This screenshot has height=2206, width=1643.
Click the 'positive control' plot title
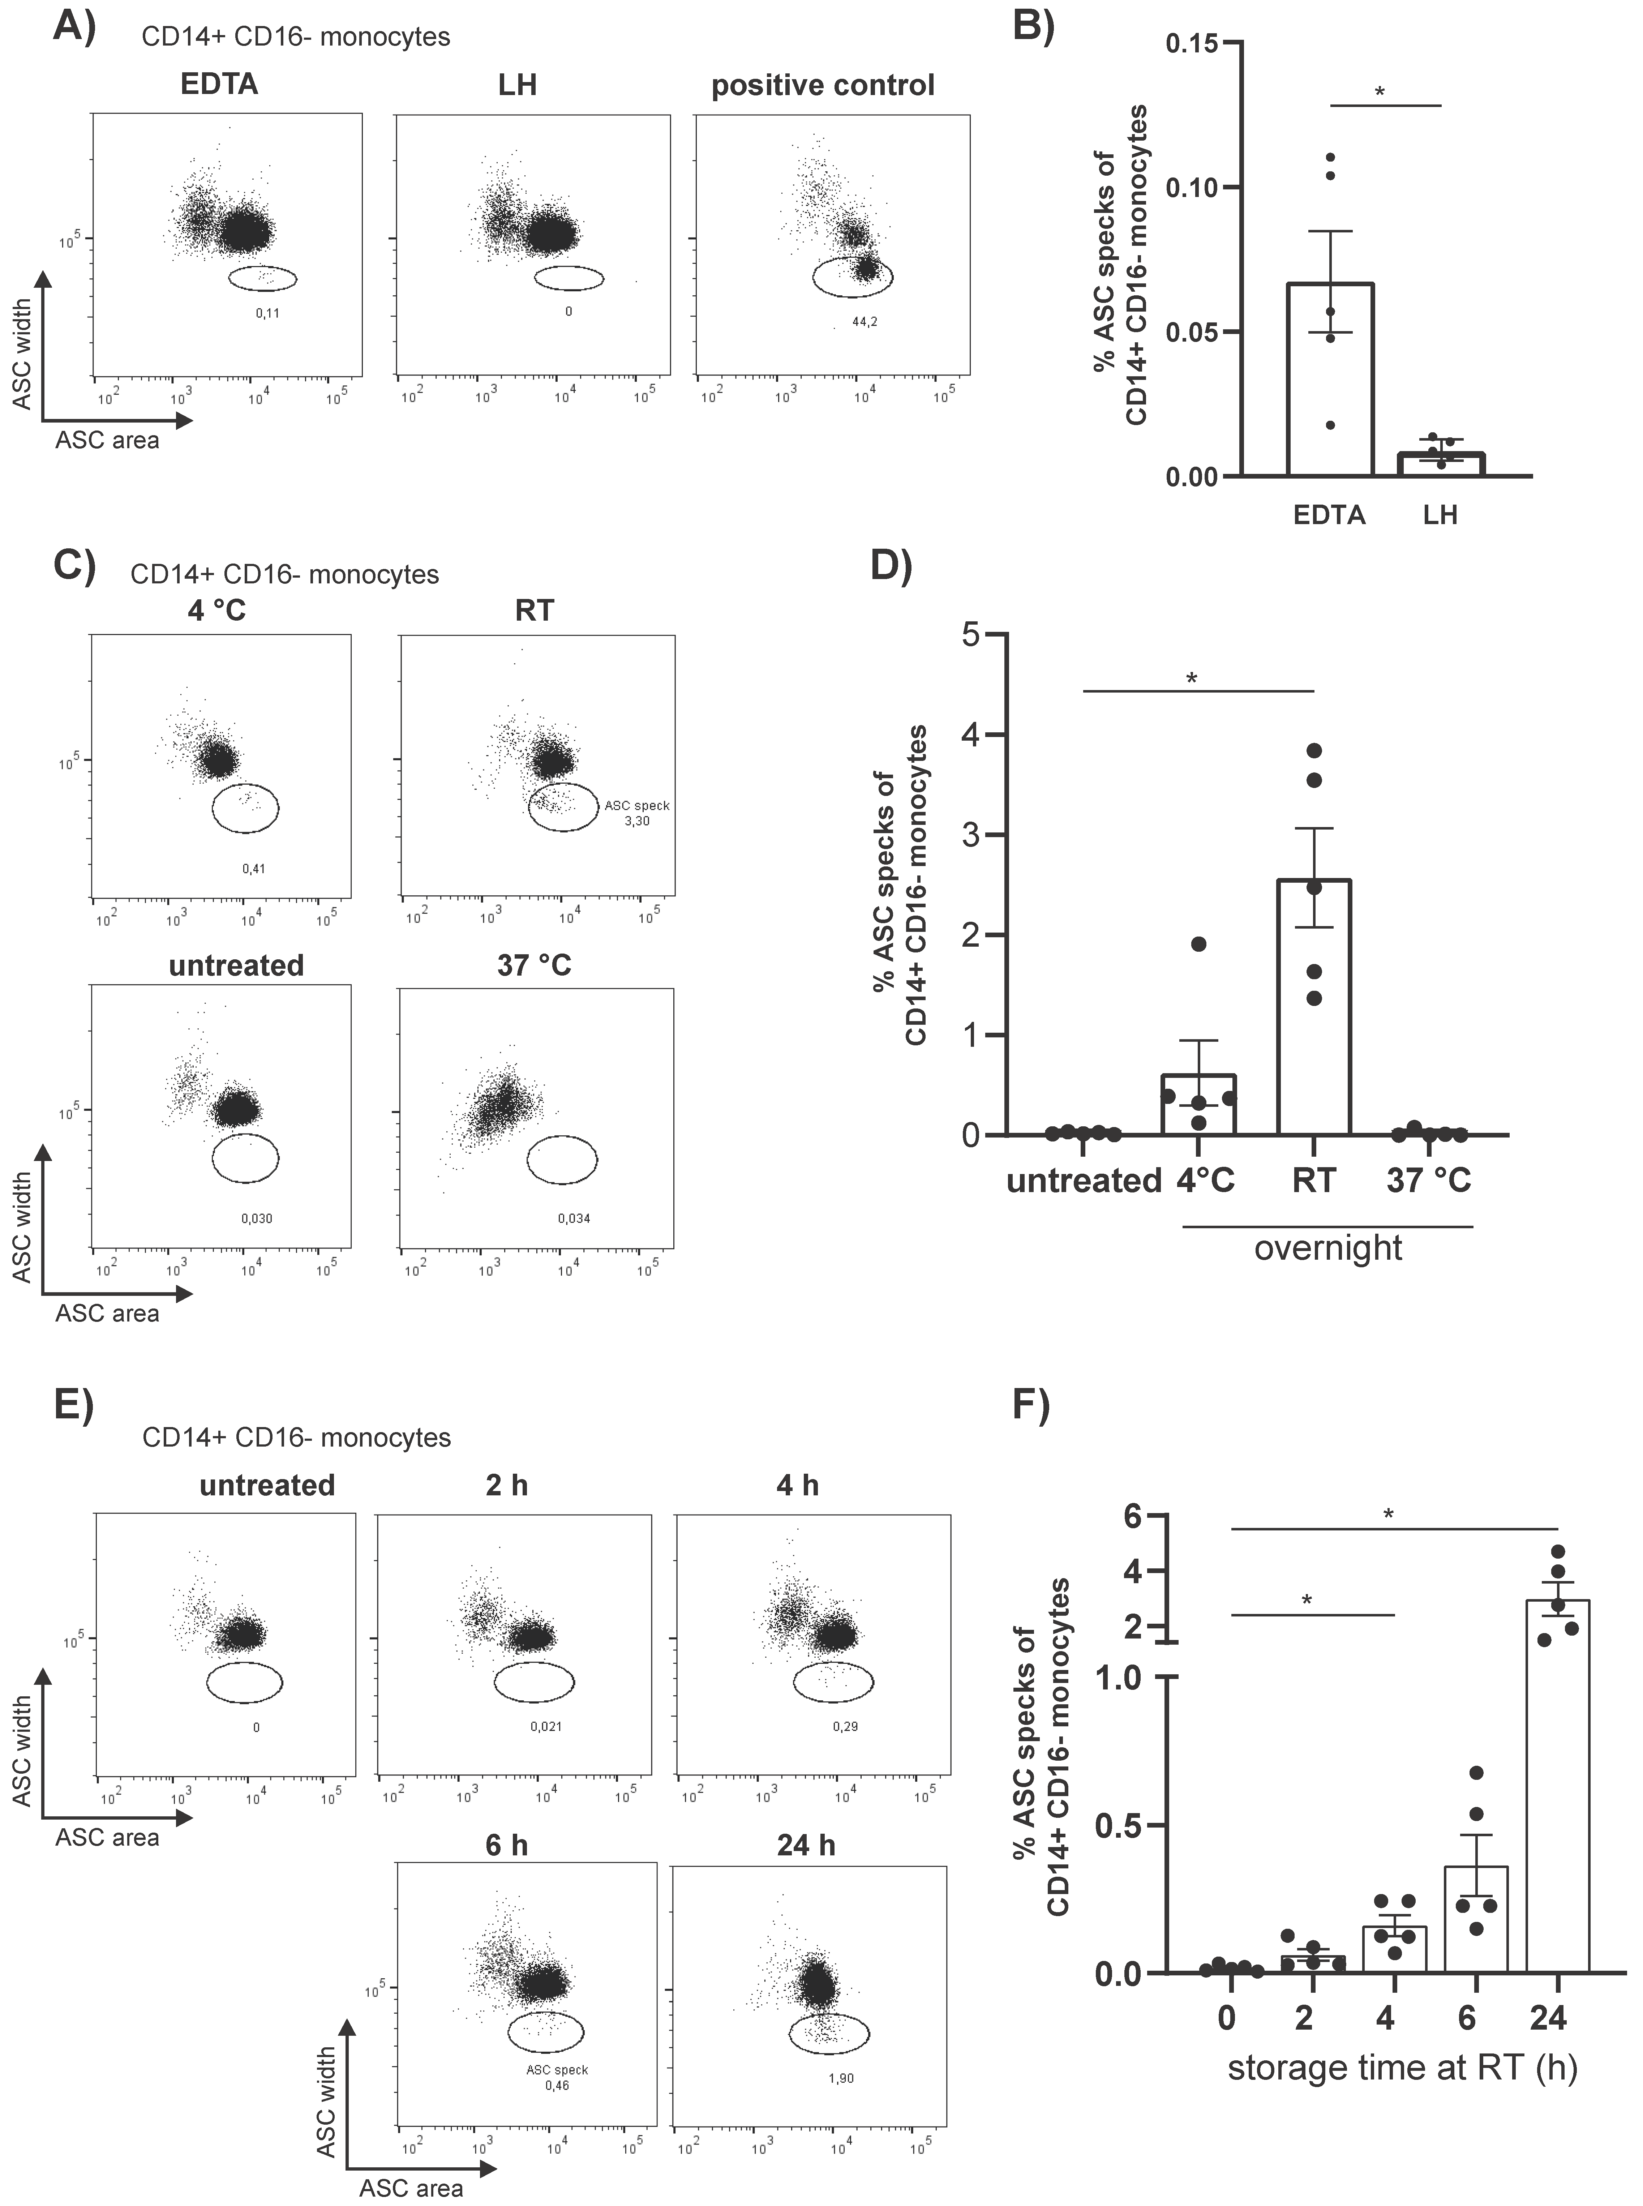pos(823,86)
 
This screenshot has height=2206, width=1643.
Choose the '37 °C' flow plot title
pos(534,965)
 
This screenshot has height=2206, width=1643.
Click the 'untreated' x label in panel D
pos(1083,1182)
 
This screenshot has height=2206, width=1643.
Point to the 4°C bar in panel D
pos(1198,1104)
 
